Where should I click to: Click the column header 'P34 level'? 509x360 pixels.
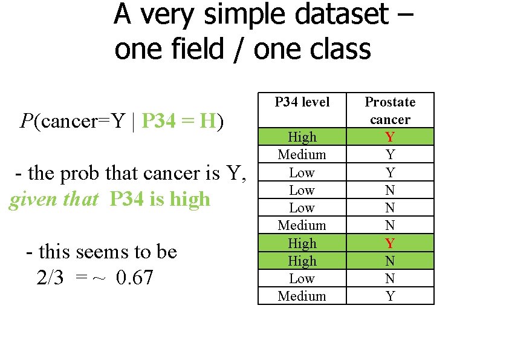[x=302, y=102]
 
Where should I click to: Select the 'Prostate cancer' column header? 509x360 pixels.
[x=390, y=110]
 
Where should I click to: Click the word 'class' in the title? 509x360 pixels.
[x=342, y=48]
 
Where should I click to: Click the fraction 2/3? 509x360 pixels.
[x=50, y=278]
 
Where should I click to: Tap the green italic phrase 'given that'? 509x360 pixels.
[x=53, y=199]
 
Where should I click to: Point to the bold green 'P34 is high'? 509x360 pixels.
[x=160, y=199]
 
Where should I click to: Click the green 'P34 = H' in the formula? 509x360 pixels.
[x=178, y=122]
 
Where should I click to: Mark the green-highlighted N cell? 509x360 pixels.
[x=390, y=261]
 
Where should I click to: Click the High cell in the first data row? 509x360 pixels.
[x=302, y=137]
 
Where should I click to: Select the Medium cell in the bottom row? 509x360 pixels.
[x=302, y=296]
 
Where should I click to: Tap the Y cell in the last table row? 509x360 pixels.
[x=390, y=296]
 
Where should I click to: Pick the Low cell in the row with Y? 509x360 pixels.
[x=302, y=172]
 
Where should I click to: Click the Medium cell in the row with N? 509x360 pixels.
[x=302, y=225]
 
